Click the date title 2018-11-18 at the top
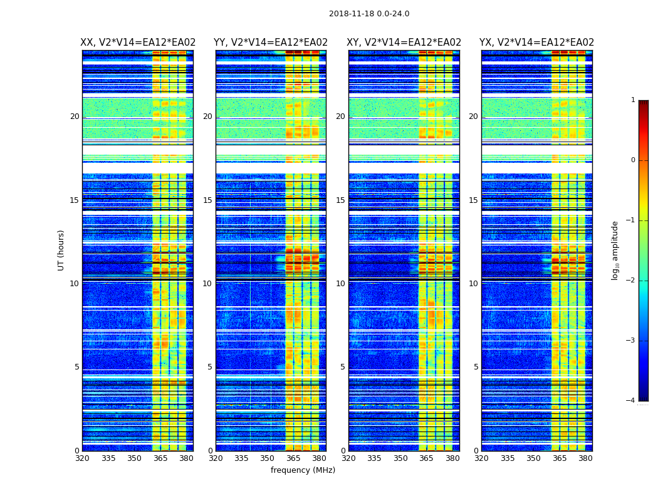point(368,14)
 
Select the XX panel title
point(138,43)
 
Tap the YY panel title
point(271,43)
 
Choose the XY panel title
point(404,43)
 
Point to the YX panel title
point(536,43)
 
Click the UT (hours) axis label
point(61,250)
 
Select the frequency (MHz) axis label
point(303,470)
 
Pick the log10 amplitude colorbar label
point(615,250)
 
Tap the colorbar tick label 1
point(633,100)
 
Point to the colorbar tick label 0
point(633,160)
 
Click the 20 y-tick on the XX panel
point(75,116)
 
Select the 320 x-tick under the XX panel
point(82,458)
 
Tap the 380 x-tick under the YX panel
point(585,458)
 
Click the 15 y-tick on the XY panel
point(340,200)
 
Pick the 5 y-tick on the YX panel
point(476,367)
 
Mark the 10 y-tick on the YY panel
point(207,284)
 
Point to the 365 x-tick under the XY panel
point(426,458)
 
